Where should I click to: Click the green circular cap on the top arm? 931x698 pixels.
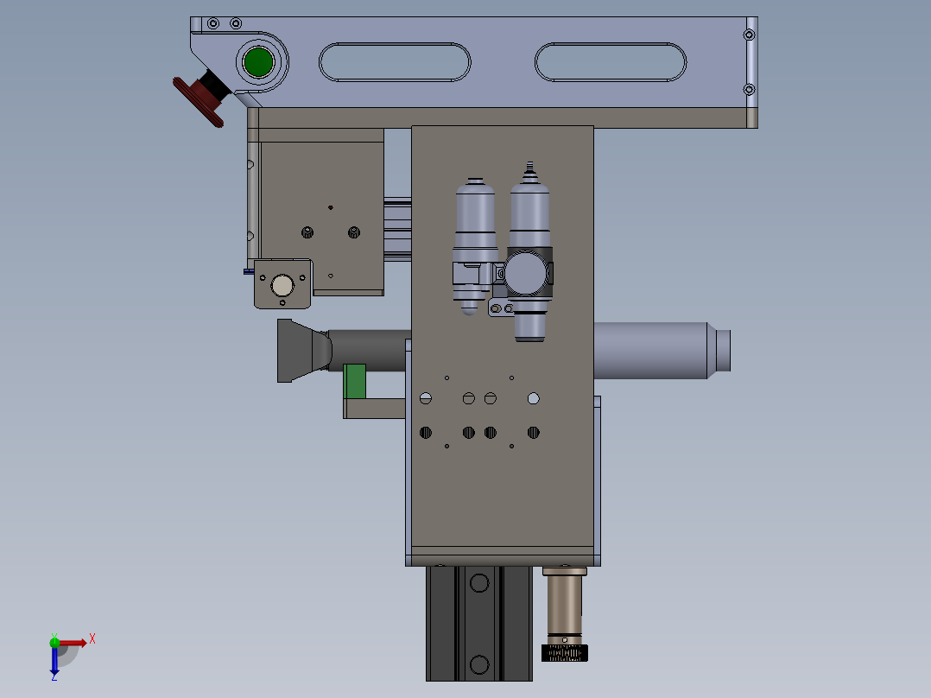(258, 62)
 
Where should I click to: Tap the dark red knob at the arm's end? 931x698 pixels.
(199, 102)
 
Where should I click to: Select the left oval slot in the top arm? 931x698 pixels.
(395, 62)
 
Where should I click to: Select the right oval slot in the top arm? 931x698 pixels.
(611, 62)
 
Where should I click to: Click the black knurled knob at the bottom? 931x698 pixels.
(565, 653)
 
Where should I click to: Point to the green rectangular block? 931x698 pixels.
(355, 381)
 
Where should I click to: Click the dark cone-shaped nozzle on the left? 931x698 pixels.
(304, 351)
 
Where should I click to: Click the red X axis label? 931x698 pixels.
(92, 639)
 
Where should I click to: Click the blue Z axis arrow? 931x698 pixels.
(54, 661)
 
